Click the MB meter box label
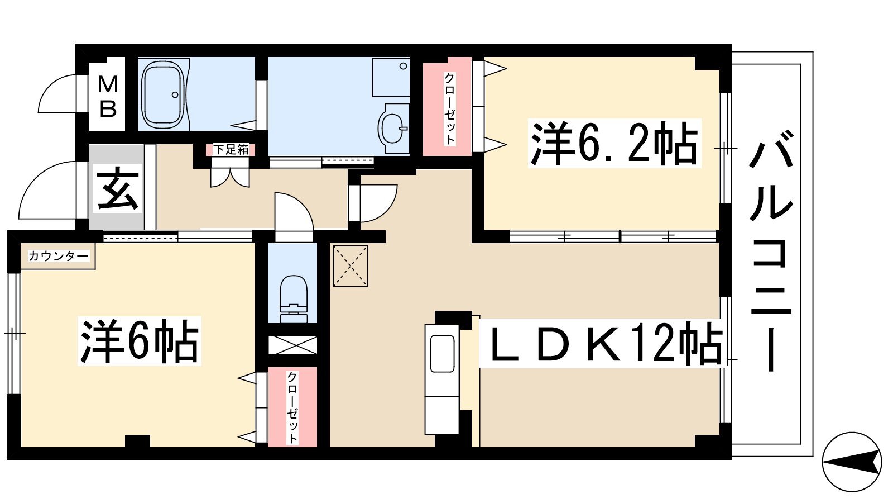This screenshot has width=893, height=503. point(108,97)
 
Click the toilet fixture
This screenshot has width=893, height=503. point(294,298)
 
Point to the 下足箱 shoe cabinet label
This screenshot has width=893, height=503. point(231,150)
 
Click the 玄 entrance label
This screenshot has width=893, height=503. point(118,188)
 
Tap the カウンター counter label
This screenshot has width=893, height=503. point(59,256)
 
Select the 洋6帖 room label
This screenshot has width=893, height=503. point(139,341)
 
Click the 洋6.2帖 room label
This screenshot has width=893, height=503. point(614,143)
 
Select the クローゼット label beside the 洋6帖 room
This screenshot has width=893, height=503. point(292,407)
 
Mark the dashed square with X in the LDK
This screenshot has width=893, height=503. point(351,266)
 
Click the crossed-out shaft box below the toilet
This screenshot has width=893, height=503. point(292,345)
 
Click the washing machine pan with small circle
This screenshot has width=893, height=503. point(391,78)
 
